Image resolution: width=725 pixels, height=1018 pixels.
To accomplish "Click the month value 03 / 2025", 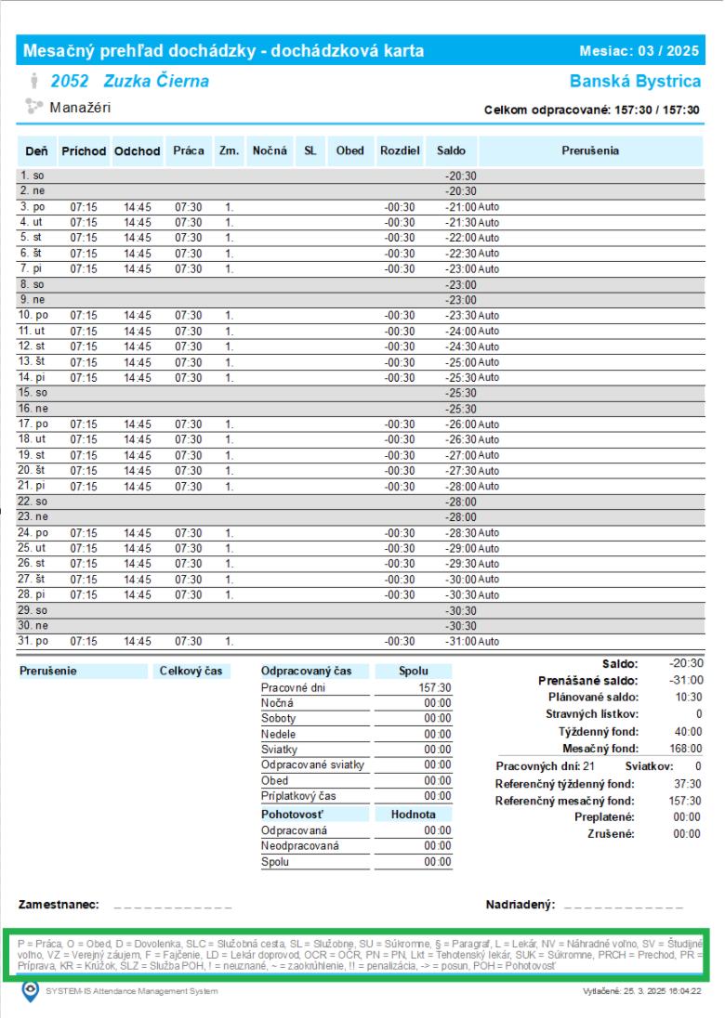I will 668,50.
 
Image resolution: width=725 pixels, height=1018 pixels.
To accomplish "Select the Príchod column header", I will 85,150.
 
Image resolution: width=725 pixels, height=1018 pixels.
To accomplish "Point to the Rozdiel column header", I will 400,150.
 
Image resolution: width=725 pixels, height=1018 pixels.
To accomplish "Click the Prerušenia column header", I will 590,150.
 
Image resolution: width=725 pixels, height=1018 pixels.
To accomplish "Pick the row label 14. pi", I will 33,378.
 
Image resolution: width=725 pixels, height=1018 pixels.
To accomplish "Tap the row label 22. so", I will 33,502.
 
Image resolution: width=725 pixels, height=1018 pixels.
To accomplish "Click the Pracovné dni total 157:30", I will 435,687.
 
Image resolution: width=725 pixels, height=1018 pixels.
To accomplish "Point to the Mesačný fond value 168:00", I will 685,748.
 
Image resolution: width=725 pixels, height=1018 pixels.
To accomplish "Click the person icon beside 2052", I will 34,82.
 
